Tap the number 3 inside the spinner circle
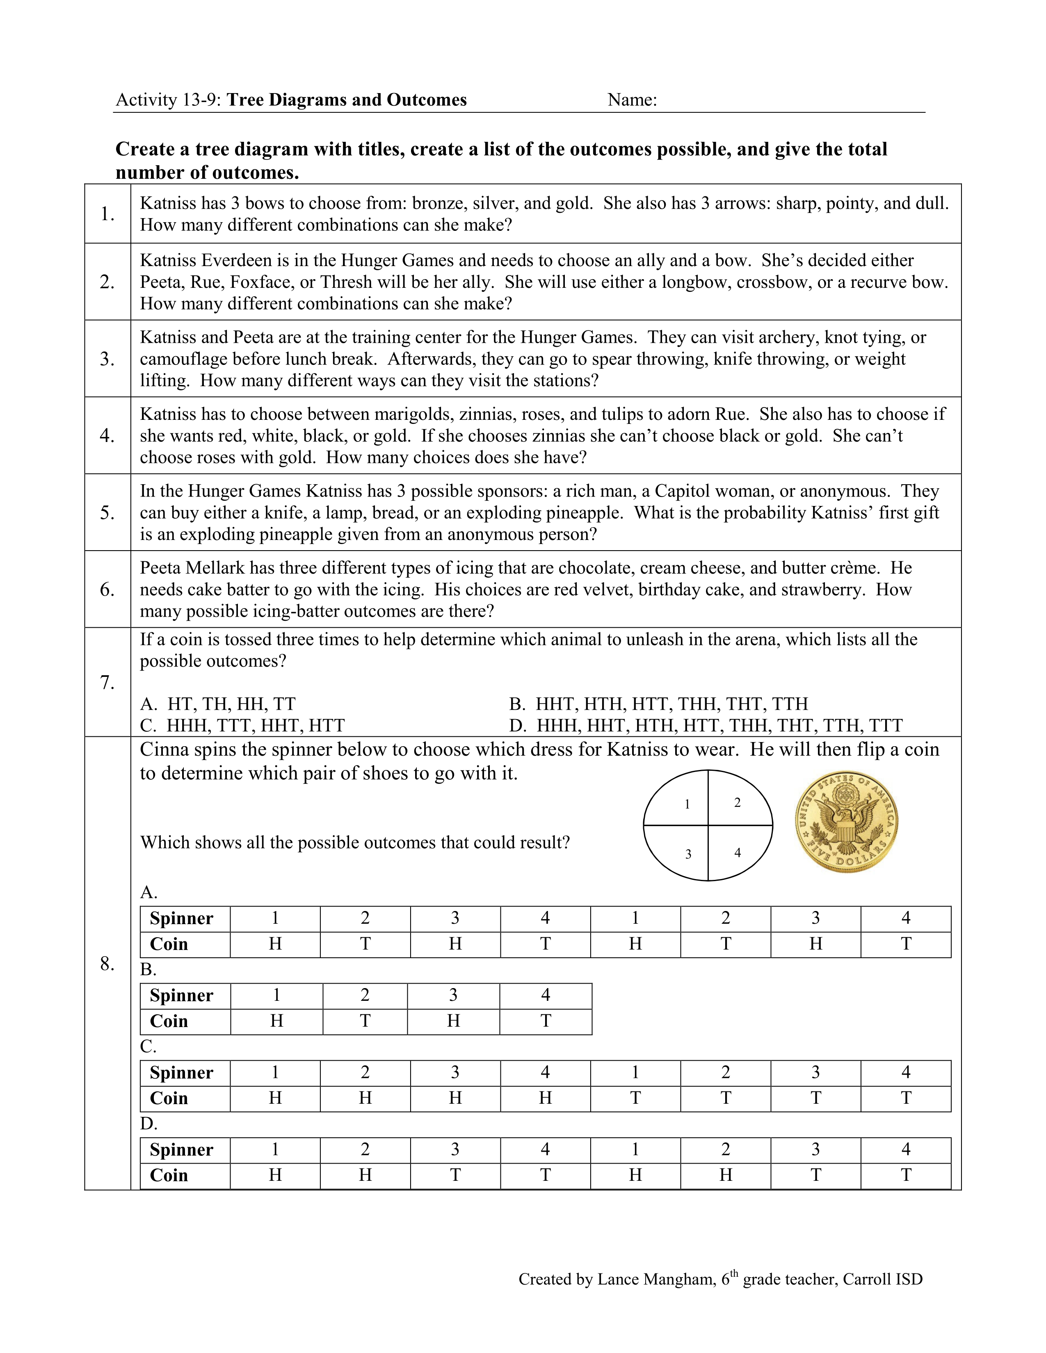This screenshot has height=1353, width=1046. pos(688,854)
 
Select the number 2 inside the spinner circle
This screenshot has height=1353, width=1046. pos(737,803)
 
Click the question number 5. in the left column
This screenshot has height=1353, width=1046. pos(107,513)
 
